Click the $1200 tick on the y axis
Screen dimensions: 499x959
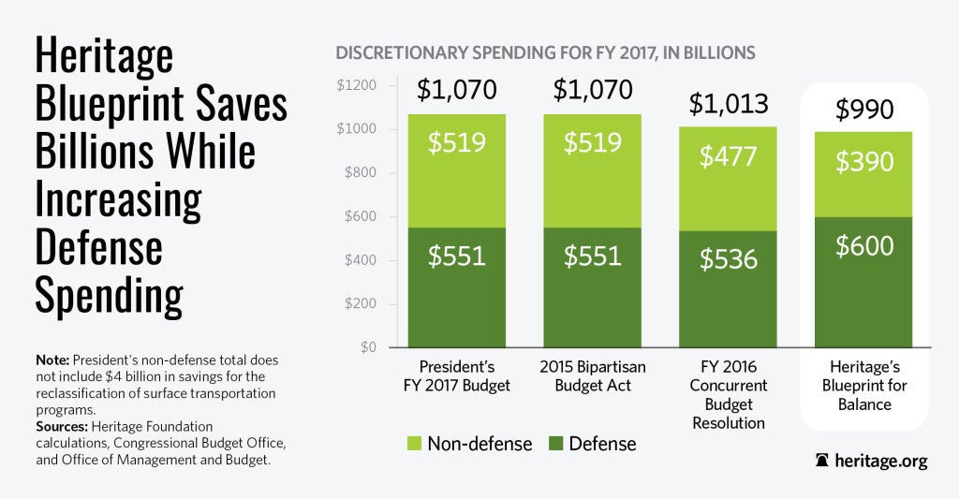click(x=356, y=86)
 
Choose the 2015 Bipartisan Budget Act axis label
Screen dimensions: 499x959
click(x=593, y=375)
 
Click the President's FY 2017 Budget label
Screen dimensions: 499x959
click(x=456, y=375)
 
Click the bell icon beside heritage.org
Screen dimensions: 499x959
click(x=822, y=461)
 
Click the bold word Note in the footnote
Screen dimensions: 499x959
click(x=52, y=360)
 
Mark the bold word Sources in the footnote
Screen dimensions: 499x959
click(x=64, y=423)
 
